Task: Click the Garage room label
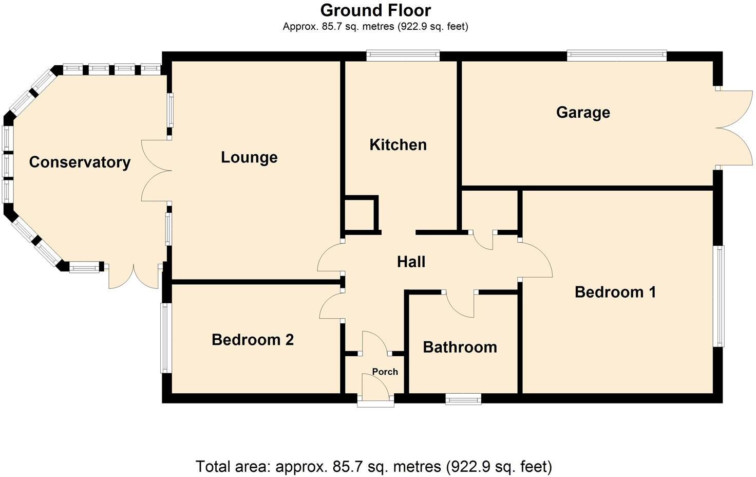tap(583, 112)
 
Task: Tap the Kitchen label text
tap(398, 145)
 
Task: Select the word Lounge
tap(249, 157)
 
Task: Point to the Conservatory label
tap(80, 162)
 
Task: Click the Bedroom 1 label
tap(615, 292)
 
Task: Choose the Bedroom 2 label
tap(253, 340)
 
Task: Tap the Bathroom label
tap(460, 347)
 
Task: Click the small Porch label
tap(385, 372)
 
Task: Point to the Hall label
tap(411, 262)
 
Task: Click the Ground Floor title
tap(375, 10)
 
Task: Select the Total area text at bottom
tap(373, 467)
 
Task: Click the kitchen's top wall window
tap(403, 56)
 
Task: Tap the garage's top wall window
tap(616, 56)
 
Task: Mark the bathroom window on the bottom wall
tap(463, 399)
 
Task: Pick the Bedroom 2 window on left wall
tap(165, 338)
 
